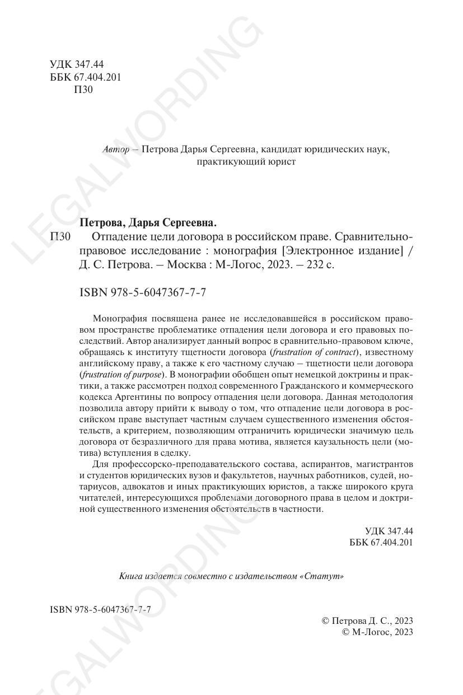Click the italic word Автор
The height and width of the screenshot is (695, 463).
click(116, 150)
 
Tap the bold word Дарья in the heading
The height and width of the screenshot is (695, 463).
click(146, 222)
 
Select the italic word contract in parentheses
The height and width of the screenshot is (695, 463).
click(338, 352)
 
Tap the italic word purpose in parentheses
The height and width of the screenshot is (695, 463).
click(143, 375)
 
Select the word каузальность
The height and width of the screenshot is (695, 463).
click(345, 442)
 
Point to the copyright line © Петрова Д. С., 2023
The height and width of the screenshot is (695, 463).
click(367, 621)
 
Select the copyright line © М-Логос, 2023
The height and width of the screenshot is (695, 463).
click(377, 632)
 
